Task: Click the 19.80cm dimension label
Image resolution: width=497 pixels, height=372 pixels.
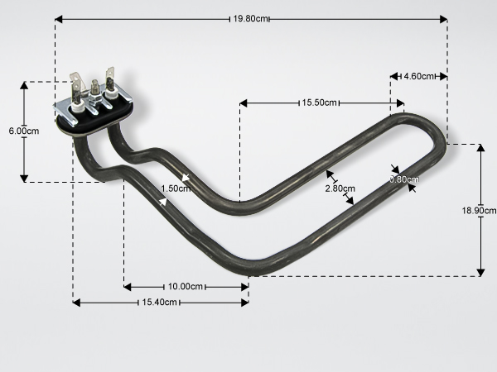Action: tap(250, 19)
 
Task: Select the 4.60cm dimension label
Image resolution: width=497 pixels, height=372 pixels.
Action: tap(418, 76)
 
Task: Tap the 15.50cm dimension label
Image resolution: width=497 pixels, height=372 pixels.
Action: tap(319, 103)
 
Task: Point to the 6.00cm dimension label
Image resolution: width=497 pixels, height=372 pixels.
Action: tap(24, 131)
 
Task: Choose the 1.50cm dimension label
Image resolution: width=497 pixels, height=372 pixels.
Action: tap(176, 188)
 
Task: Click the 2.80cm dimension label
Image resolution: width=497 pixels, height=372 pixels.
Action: tap(340, 188)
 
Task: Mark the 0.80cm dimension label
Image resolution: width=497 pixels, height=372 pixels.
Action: tap(404, 179)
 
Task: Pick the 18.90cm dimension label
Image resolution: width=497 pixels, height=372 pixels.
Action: tap(479, 210)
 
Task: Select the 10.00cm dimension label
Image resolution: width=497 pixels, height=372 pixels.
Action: tap(185, 287)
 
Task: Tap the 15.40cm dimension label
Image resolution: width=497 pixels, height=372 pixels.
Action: tap(159, 302)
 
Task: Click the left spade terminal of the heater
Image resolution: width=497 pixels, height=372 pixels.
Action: tap(75, 85)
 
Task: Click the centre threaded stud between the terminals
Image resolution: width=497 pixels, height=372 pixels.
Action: tap(94, 88)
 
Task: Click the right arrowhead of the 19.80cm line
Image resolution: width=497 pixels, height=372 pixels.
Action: tap(443, 19)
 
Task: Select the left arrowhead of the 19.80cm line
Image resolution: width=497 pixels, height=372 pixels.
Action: tap(59, 19)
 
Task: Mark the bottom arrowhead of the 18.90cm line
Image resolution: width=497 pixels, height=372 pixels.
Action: tap(480, 272)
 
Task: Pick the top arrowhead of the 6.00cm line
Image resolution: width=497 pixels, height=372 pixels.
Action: tap(24, 86)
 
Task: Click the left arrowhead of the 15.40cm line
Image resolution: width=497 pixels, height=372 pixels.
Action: tap(77, 303)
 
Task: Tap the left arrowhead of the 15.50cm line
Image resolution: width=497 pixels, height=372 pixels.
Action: tap(244, 103)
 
